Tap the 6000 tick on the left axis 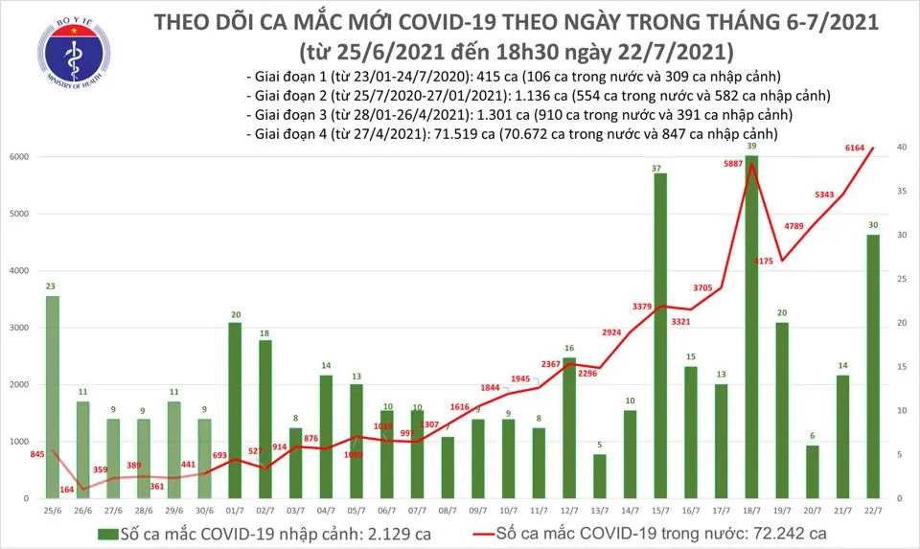[18, 157]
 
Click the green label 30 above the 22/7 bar [873, 226]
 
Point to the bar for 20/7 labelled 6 [812, 471]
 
